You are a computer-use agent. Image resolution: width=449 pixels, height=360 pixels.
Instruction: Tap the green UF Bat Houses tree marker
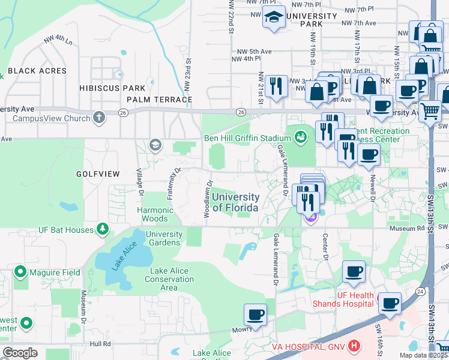(x=103, y=229)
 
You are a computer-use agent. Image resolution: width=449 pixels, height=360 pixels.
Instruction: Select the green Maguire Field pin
(x=20, y=272)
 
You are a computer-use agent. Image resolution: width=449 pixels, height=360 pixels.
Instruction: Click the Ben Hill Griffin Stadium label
(x=247, y=139)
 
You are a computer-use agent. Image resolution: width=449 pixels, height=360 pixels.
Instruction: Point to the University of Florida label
(x=235, y=202)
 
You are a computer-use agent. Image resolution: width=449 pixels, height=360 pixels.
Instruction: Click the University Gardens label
(x=164, y=238)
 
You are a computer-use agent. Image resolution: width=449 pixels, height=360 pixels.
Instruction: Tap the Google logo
(x=20, y=353)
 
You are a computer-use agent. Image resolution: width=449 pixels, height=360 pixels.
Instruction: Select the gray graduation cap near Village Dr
(x=155, y=145)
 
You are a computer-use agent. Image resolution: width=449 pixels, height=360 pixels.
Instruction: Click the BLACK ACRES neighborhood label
(x=37, y=71)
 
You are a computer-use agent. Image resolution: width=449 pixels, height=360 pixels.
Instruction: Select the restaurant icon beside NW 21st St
(x=276, y=85)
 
